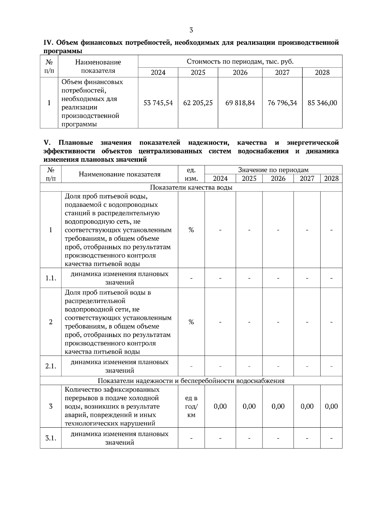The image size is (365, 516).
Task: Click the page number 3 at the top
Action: click(x=191, y=30)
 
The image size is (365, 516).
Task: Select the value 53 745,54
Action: click(x=158, y=103)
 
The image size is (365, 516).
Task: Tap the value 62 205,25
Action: click(x=198, y=103)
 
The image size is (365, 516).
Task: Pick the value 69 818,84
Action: click(x=240, y=103)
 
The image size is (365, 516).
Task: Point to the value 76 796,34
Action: click(x=282, y=103)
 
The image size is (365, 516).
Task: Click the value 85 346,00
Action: click(x=322, y=103)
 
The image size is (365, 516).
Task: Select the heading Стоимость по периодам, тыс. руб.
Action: click(x=240, y=62)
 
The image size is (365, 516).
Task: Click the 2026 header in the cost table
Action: click(x=240, y=72)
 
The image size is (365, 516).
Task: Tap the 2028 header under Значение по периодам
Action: click(x=331, y=178)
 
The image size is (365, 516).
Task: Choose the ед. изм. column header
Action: click(x=191, y=174)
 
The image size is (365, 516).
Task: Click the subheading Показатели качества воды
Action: click(x=191, y=187)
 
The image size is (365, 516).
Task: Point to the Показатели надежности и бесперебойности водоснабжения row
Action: click(x=191, y=381)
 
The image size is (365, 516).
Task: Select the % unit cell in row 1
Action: click(x=191, y=230)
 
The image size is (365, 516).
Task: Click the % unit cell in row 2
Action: click(x=191, y=322)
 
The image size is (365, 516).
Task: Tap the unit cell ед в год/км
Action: click(x=191, y=407)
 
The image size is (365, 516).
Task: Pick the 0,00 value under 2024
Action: click(x=220, y=407)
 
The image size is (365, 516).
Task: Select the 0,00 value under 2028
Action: click(x=331, y=407)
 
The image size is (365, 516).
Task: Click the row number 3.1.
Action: click(x=51, y=438)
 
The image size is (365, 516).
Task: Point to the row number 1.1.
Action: click(x=51, y=278)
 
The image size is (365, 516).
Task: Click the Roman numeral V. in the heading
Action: click(x=47, y=143)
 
